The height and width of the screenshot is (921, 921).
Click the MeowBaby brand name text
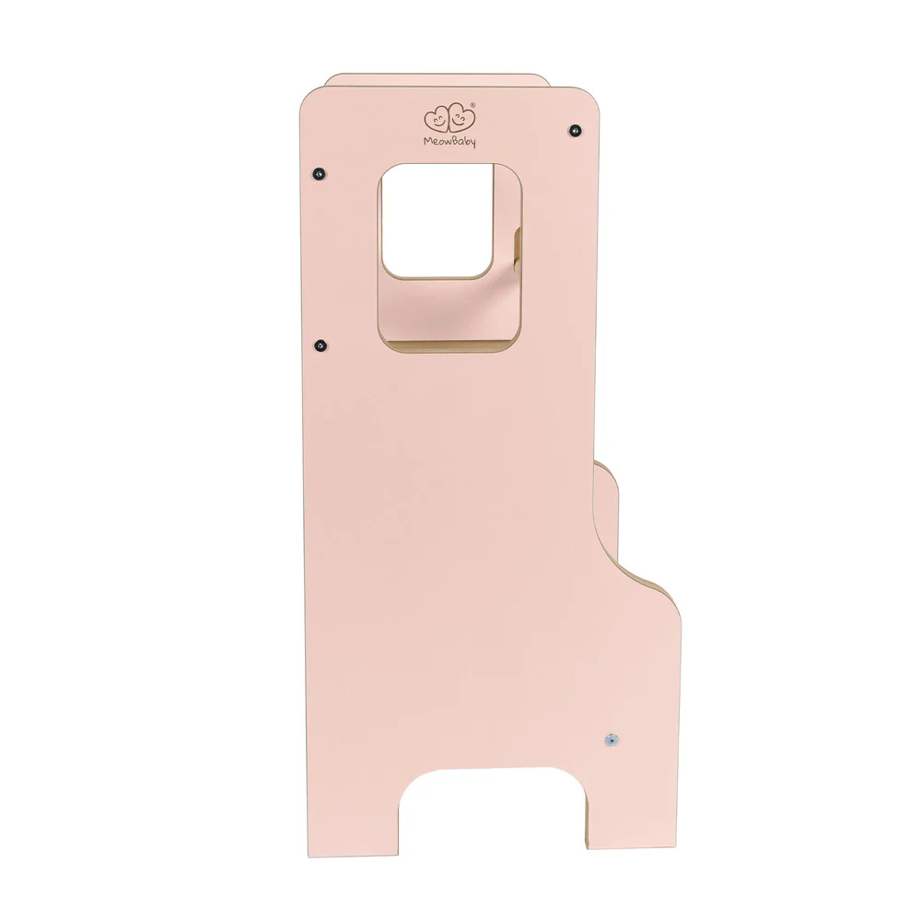(x=449, y=142)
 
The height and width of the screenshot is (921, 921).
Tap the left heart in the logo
(x=437, y=120)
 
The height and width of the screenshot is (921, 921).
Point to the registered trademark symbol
(x=472, y=106)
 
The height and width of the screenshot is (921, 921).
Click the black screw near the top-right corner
(x=576, y=130)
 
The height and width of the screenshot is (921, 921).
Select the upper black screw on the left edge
(x=319, y=174)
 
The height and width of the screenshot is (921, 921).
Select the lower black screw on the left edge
(x=321, y=345)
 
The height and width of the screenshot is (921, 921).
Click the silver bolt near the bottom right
(x=612, y=740)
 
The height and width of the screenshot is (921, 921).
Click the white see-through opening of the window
(x=437, y=220)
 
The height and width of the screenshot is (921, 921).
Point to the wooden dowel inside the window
(x=518, y=251)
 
